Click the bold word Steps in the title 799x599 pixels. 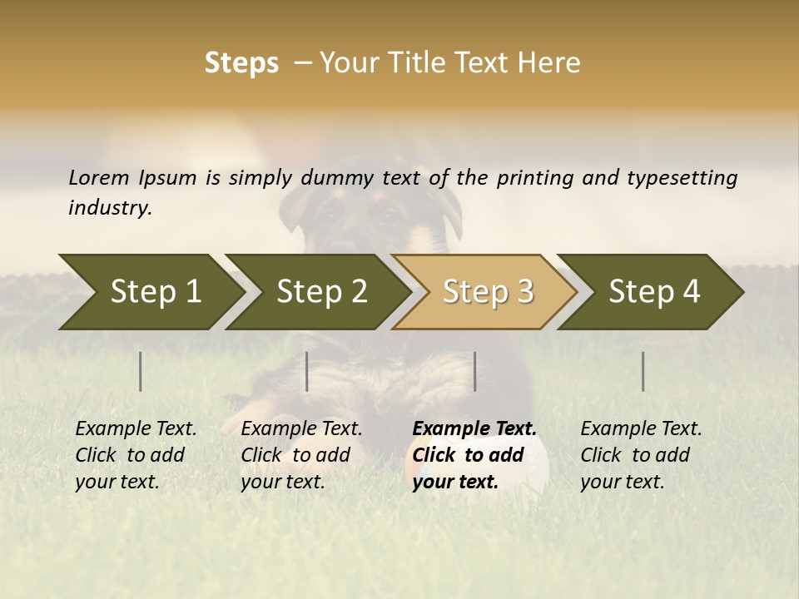click(x=241, y=63)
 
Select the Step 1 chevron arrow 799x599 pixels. click(x=150, y=291)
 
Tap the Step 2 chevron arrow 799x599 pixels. click(x=320, y=291)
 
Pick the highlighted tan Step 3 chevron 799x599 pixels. click(x=487, y=291)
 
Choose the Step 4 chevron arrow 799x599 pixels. click(x=653, y=291)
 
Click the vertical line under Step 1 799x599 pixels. click(x=141, y=371)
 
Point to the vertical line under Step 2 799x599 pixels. click(x=307, y=371)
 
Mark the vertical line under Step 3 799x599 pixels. click(x=474, y=371)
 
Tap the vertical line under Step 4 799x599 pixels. click(x=643, y=371)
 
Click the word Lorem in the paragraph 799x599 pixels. click(x=99, y=177)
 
